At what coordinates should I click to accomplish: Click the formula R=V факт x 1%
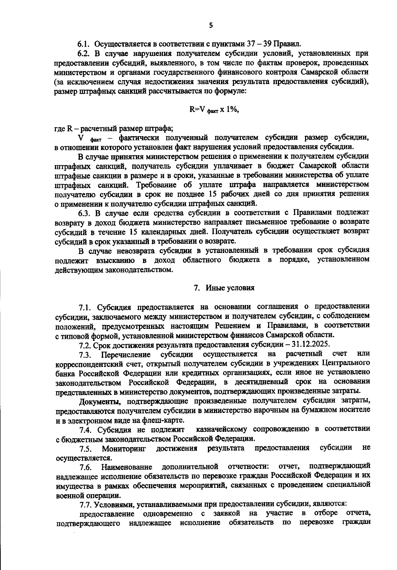click(x=214, y=110)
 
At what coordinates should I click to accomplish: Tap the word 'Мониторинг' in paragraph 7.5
click(x=124, y=449)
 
